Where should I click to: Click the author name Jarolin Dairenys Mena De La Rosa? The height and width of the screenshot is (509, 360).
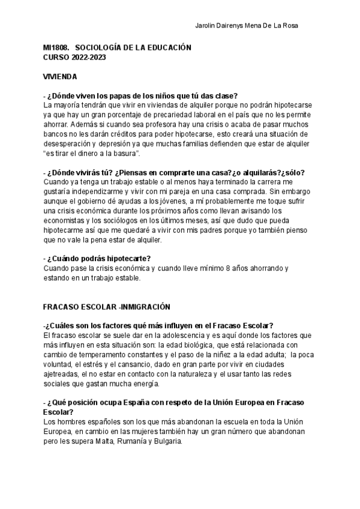[x=247, y=25]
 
